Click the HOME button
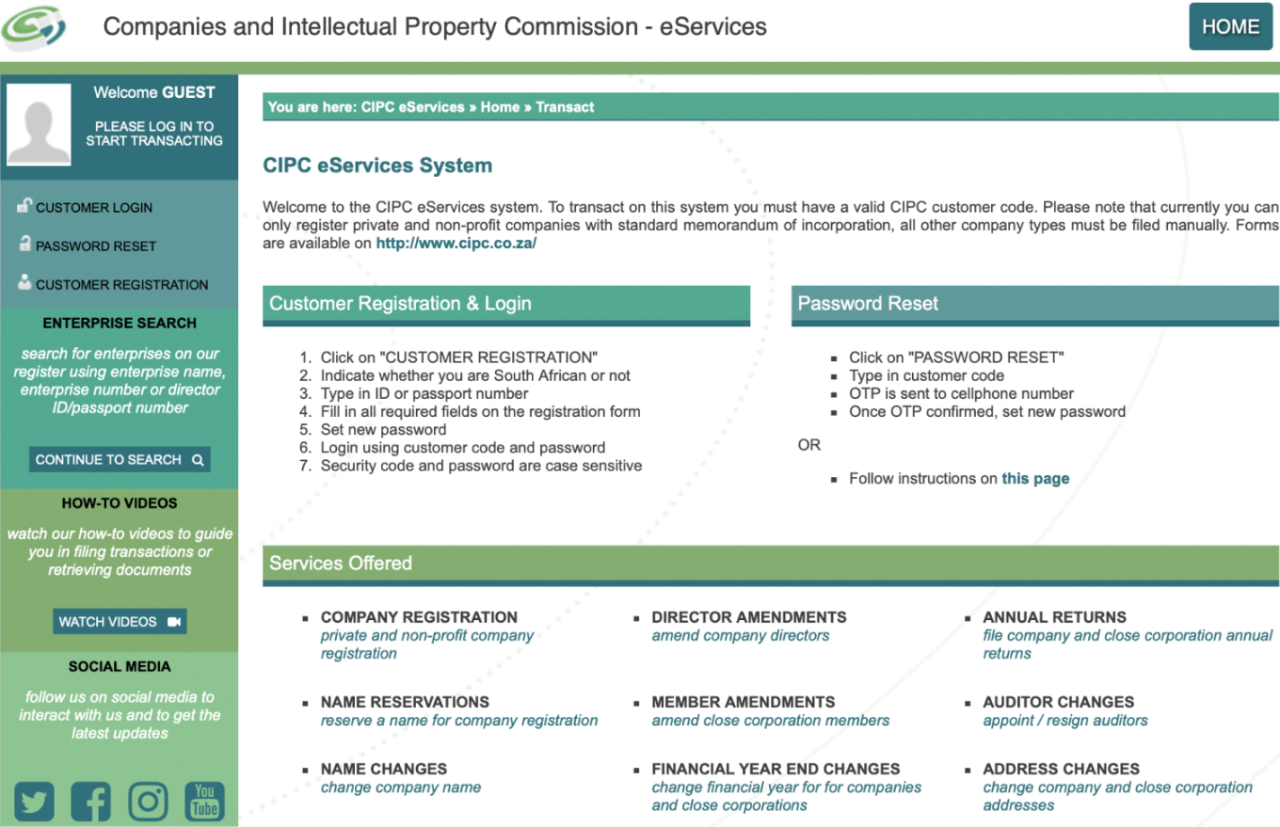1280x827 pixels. (1230, 26)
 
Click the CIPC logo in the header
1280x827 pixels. (34, 27)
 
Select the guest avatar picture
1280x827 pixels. (39, 124)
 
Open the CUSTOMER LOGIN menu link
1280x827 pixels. (93, 208)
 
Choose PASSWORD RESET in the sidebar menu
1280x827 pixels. (95, 247)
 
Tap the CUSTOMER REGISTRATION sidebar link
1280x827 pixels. (121, 285)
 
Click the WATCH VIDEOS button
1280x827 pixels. (120, 622)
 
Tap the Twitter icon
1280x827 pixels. (34, 802)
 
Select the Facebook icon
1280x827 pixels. (90, 802)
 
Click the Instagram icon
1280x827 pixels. (148, 802)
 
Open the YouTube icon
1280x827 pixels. (204, 802)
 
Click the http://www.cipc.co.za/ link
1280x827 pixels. (456, 244)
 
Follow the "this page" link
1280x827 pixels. (1035, 479)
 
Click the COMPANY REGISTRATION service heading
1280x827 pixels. (419, 617)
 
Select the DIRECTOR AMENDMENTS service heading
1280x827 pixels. (748, 617)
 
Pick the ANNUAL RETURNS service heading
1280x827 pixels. (1054, 617)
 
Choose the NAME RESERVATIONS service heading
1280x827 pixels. (405, 702)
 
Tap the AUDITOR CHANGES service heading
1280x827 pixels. (1058, 702)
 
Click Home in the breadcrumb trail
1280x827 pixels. (500, 107)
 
